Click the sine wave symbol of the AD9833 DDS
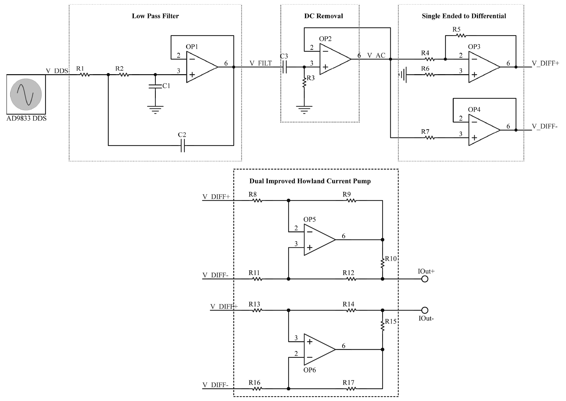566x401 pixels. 26,94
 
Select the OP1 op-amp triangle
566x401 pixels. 201,67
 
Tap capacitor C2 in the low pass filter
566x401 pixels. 182,145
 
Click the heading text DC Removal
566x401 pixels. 323,16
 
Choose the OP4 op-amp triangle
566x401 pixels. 483,130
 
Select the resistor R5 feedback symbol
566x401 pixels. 460,35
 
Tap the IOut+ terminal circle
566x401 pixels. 424,279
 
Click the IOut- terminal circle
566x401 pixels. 424,310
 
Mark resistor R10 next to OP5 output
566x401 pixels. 383,263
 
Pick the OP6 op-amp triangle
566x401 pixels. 318,349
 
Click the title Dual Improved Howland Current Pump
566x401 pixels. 310,181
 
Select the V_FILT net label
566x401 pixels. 261,63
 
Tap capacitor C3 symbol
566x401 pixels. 285,67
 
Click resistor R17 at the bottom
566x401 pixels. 351,388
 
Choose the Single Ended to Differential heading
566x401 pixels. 464,16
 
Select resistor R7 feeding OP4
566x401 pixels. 429,137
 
